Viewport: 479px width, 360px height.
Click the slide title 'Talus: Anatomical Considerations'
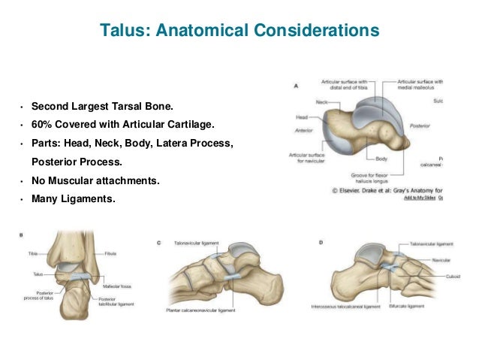coord(239,32)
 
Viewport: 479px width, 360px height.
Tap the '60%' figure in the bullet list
coord(42,124)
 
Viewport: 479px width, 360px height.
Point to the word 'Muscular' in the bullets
coord(70,180)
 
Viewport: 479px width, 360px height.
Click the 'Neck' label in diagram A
coord(322,101)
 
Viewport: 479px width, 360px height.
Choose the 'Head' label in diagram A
coord(303,116)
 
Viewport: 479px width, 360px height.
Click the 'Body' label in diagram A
coord(381,159)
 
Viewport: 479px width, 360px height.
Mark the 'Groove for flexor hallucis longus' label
coord(373,177)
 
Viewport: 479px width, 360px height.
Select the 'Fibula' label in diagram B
coord(110,254)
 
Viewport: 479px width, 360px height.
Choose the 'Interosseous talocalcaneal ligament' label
coord(345,307)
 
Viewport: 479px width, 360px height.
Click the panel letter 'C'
coord(159,242)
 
